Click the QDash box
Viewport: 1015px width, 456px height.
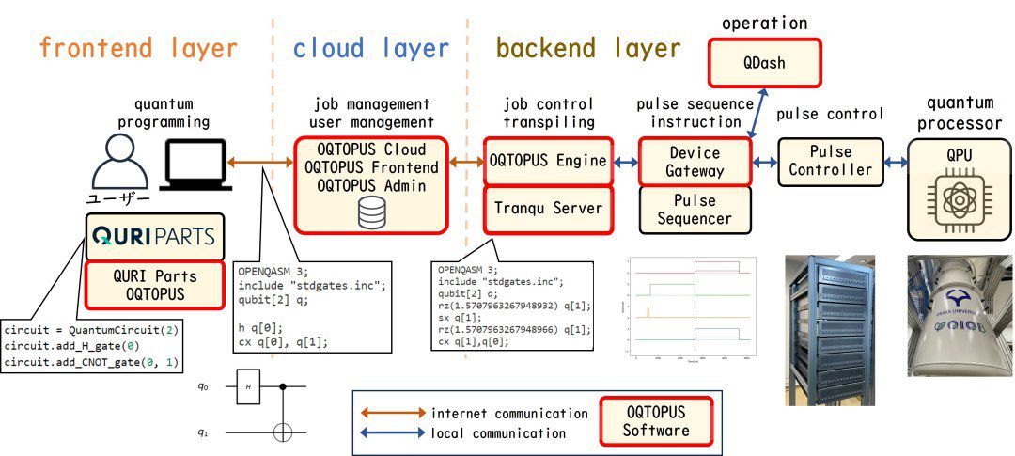pyautogui.click(x=763, y=63)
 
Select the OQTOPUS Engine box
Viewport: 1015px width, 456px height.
pyautogui.click(x=547, y=161)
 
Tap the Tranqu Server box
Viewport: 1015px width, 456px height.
pyautogui.click(x=547, y=208)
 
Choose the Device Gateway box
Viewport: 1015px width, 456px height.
pyautogui.click(x=695, y=162)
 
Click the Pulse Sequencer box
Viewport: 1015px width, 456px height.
pyautogui.click(x=695, y=209)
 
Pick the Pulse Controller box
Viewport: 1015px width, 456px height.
pyautogui.click(x=832, y=161)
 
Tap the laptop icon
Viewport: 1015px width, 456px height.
pyautogui.click(x=196, y=165)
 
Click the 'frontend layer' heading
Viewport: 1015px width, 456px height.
pyautogui.click(x=137, y=48)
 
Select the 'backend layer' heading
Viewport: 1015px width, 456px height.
pyautogui.click(x=587, y=48)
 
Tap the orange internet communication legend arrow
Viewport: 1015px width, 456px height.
pyautogui.click(x=391, y=414)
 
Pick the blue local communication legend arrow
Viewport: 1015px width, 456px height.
pyautogui.click(x=391, y=433)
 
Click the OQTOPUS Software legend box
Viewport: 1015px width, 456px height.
pyautogui.click(x=656, y=421)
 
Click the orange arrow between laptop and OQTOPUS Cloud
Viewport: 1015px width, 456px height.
pyautogui.click(x=262, y=163)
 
